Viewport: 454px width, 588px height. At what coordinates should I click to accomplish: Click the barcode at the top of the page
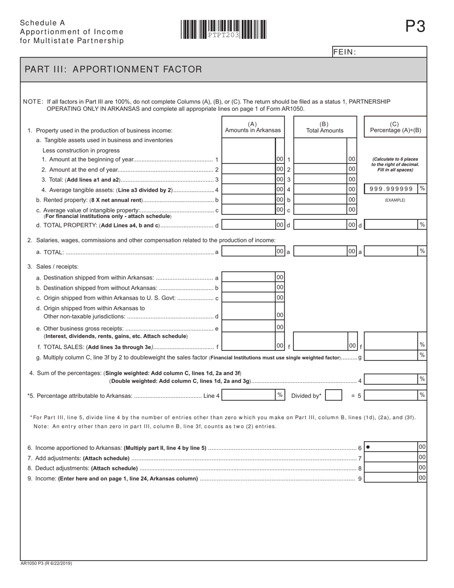(x=224, y=29)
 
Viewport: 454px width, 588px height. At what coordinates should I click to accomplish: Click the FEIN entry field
(x=392, y=52)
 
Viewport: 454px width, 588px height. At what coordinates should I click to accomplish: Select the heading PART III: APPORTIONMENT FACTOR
(x=113, y=69)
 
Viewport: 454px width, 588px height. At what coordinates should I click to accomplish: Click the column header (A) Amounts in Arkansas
(x=253, y=127)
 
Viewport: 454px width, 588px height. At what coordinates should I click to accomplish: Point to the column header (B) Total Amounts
(x=324, y=127)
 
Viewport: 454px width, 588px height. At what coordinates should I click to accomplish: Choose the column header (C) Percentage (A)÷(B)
(x=395, y=127)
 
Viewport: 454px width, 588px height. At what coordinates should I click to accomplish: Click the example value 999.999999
(x=391, y=189)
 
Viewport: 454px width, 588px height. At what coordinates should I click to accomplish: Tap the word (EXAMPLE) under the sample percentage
(x=395, y=200)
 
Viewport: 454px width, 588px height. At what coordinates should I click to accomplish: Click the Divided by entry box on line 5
(x=333, y=395)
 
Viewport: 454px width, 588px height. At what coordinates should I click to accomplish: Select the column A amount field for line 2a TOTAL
(x=249, y=251)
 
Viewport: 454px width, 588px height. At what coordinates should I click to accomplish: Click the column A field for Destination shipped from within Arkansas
(x=249, y=277)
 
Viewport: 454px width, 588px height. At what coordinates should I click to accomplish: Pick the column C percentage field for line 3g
(x=391, y=355)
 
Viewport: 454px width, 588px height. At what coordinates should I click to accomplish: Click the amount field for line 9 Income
(x=391, y=478)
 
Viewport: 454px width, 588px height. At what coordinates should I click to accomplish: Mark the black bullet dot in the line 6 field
(x=368, y=447)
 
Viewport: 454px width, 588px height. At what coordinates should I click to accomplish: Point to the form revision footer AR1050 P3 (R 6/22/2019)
(x=46, y=564)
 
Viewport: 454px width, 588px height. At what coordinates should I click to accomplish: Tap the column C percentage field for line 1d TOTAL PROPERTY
(x=391, y=225)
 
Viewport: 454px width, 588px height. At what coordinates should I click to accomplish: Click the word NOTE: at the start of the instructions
(x=33, y=102)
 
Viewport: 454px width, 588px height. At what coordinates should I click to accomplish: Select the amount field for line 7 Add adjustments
(x=391, y=457)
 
